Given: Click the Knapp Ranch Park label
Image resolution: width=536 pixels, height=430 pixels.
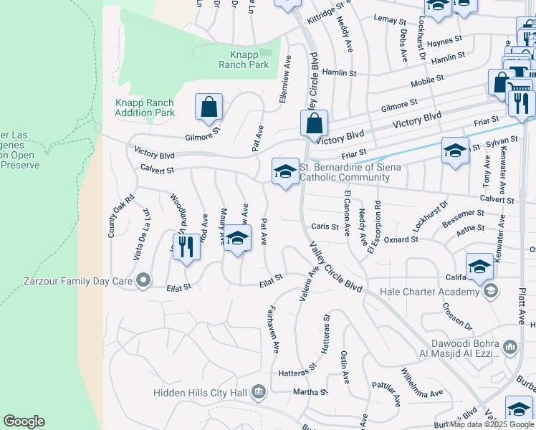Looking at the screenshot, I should click(244, 59).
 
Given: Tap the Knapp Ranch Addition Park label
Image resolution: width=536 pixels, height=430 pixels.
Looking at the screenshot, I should click(145, 107).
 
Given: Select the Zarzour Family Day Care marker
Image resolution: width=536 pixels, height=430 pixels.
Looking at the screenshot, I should click(144, 280).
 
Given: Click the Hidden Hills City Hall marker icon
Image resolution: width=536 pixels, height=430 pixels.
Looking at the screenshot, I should click(259, 392).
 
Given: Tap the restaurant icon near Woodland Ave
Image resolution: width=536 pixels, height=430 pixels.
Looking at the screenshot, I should click(186, 247).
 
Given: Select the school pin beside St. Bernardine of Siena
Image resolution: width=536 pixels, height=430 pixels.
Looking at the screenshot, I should click(285, 172).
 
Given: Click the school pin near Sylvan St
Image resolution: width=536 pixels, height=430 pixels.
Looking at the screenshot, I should click(455, 151).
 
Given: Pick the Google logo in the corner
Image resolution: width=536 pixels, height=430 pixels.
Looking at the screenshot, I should click(24, 421).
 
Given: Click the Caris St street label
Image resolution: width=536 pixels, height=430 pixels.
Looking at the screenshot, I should click(325, 226).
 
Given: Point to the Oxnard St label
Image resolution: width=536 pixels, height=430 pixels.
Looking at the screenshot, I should click(395, 240).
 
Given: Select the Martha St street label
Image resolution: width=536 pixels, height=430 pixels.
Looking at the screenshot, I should click(310, 392).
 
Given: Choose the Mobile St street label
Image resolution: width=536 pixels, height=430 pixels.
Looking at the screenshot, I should click(428, 82).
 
